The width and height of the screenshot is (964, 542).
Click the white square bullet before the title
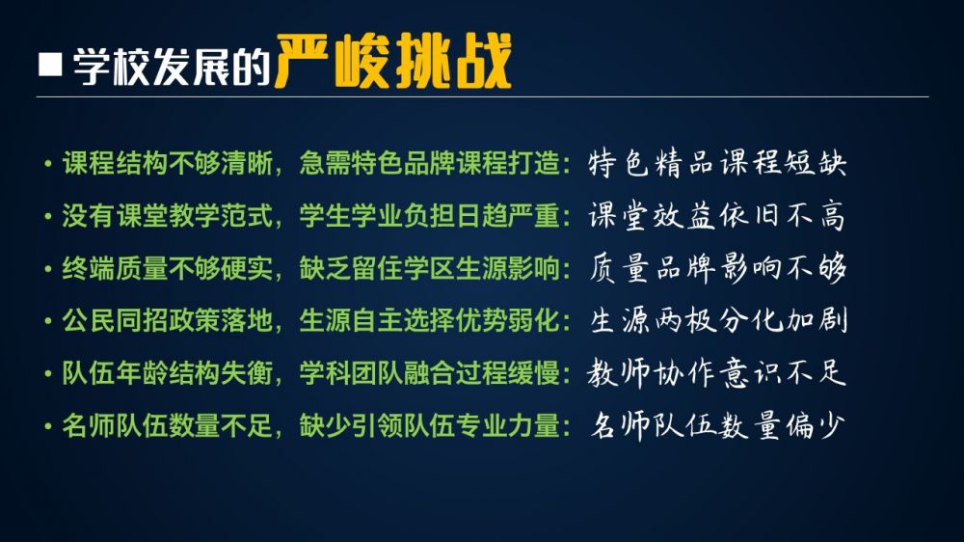pos(50,65)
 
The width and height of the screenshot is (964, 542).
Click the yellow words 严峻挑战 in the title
pos(394,62)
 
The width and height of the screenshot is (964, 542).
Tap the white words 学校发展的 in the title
pos(173,66)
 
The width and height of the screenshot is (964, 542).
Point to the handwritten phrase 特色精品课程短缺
pos(717,163)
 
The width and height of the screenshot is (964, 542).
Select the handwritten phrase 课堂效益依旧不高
pos(717,215)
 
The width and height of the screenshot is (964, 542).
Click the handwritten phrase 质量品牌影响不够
pos(717,268)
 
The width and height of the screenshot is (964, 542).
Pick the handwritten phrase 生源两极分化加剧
pos(718,320)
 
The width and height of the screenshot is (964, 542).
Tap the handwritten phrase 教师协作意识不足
pos(717,373)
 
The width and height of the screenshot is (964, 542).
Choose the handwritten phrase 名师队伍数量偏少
pos(717,425)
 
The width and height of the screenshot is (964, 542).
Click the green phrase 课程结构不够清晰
pos(167,164)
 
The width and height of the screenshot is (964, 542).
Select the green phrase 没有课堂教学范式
pos(167,216)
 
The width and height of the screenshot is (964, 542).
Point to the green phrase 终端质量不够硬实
pos(167,268)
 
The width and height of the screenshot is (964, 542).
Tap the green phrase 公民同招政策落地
pos(167,320)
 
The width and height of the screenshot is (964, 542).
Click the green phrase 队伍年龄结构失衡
pos(167,373)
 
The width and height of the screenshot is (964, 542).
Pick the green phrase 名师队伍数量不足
pos(167,425)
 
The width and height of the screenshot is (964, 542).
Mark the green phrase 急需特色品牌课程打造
pos(430,164)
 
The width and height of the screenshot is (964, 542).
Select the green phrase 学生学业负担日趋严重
pos(430,216)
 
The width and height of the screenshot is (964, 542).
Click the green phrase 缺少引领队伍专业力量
pos(430,425)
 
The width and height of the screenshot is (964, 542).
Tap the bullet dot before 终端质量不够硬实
pos(48,269)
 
